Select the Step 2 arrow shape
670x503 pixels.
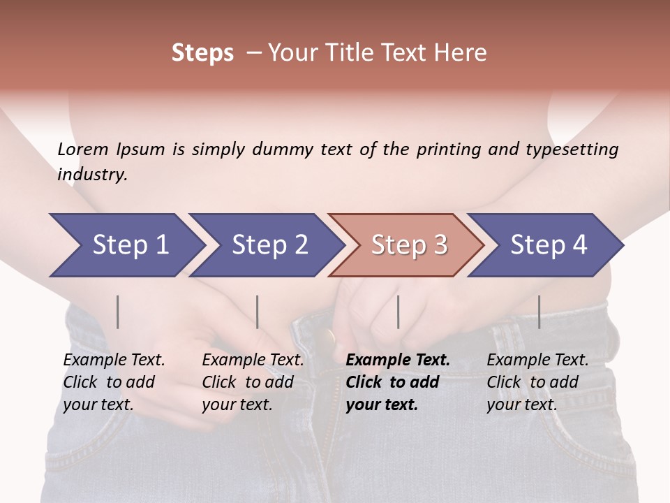265,245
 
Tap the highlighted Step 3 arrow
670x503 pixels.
406,245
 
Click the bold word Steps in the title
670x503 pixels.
202,53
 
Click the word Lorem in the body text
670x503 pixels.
83,150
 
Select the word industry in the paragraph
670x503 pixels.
92,175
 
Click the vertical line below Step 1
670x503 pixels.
118,312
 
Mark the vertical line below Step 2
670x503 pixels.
258,312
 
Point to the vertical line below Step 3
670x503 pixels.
398,312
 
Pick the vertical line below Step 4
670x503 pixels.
539,312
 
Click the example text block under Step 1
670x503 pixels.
114,382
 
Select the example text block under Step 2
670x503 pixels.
253,382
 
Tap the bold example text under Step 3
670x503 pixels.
398,382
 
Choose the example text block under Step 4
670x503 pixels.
537,382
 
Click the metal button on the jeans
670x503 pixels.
325,339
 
